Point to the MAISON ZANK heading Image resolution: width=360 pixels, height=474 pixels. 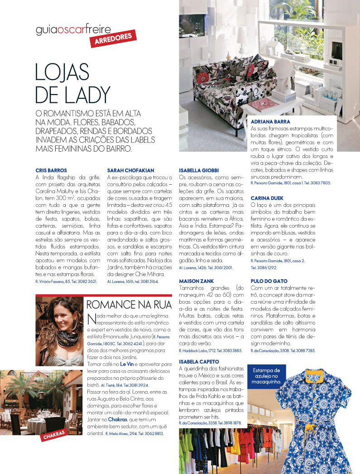[x=197, y=281]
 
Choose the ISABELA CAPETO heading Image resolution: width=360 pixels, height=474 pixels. [x=199, y=362]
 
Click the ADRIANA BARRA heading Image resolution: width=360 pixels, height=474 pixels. [x=270, y=122]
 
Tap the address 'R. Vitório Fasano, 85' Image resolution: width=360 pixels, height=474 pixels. [x=53, y=282]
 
